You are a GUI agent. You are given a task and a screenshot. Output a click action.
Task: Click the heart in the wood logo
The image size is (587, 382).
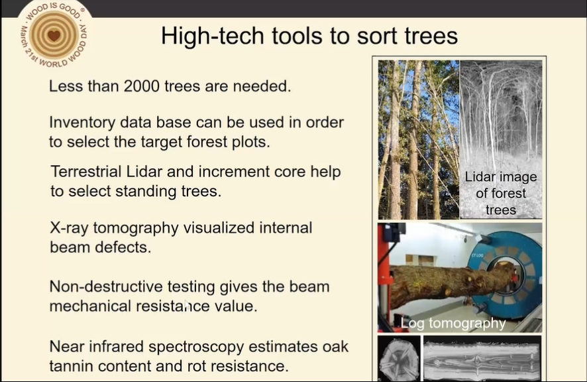pyautogui.click(x=54, y=35)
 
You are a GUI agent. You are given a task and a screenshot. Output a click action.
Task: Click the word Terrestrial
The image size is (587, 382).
pyautogui.click(x=86, y=172)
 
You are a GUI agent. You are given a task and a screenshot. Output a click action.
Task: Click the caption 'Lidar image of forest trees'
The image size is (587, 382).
pyautogui.click(x=500, y=193)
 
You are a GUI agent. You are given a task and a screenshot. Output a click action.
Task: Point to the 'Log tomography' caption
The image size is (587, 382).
pyautogui.click(x=453, y=323)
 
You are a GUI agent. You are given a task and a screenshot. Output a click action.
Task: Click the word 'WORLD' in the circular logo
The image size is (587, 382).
pyautogui.click(x=53, y=63)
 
